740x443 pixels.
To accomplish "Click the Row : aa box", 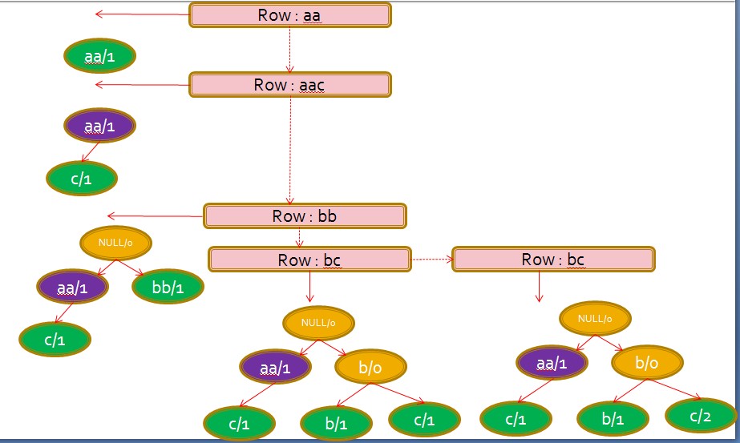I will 289,15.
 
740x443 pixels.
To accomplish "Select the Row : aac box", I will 289,85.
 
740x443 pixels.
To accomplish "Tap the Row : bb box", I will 305,216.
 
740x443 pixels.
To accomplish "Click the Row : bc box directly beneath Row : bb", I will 309,260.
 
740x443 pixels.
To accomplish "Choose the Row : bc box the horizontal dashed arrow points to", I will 553,260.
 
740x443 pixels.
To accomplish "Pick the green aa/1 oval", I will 100,56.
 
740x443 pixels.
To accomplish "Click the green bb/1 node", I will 168,287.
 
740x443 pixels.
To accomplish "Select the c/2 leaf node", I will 700,416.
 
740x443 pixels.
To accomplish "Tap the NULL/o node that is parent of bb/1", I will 117,242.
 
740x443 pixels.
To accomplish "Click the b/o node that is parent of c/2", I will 647,363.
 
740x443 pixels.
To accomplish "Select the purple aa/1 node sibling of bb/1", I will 73,287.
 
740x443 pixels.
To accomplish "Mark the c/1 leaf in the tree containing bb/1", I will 55,340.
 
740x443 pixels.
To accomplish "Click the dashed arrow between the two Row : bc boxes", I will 431,260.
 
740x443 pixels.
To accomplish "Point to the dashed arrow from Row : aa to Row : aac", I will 289,50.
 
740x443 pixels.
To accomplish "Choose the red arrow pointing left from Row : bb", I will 156,215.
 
